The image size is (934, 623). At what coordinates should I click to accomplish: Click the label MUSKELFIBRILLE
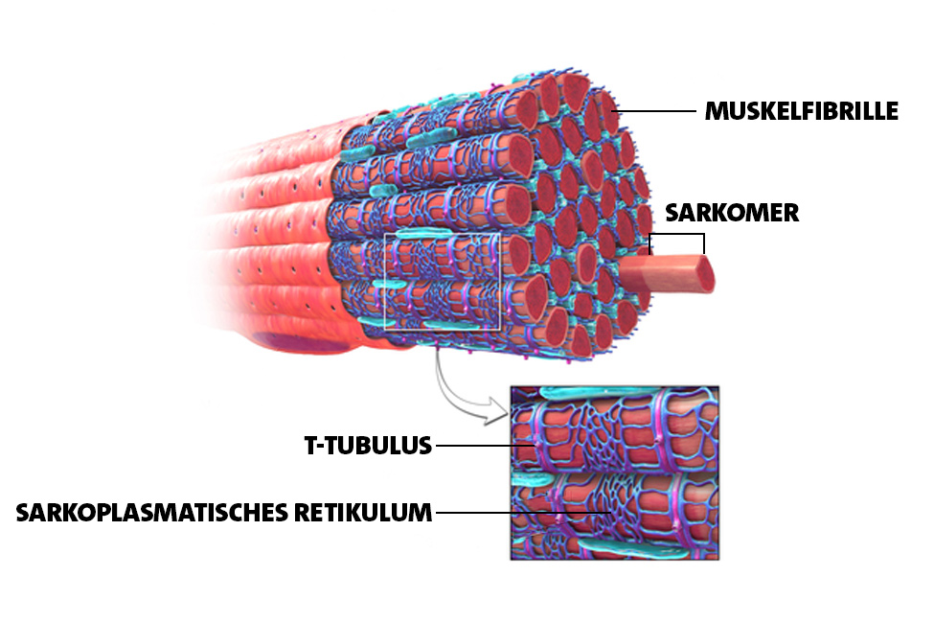801,111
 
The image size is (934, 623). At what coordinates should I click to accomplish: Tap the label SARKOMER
732,213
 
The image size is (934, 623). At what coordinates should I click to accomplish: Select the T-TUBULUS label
368,446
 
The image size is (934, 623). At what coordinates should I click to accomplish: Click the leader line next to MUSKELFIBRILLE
656,111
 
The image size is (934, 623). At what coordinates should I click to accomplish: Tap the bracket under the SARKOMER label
676,234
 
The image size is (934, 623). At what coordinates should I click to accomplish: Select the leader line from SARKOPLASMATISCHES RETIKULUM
523,512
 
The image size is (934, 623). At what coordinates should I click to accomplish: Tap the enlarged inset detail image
615,473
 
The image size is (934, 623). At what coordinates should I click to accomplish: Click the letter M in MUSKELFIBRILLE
716,111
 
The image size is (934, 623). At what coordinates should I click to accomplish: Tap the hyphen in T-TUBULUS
322,447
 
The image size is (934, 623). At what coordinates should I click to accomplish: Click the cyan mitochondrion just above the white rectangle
424,233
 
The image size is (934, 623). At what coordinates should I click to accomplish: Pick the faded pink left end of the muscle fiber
239,239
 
